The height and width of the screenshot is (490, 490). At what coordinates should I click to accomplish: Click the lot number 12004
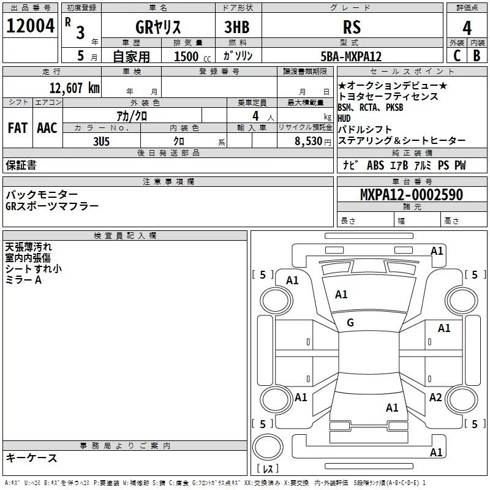pyautogui.click(x=30, y=26)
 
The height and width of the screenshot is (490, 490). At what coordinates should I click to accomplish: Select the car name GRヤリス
pyautogui.click(x=158, y=27)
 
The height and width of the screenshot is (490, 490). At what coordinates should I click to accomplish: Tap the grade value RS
pyautogui.click(x=352, y=27)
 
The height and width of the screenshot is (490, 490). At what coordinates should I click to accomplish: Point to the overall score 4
pyautogui.click(x=467, y=28)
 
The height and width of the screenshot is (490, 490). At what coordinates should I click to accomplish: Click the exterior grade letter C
pyautogui.click(x=457, y=56)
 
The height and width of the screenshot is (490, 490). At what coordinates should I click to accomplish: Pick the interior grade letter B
pyautogui.click(x=477, y=56)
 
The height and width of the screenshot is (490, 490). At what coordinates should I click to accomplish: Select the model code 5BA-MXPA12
pyautogui.click(x=351, y=56)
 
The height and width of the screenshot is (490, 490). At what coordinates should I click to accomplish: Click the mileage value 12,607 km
pyautogui.click(x=74, y=88)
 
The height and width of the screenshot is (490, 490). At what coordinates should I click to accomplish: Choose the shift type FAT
pyautogui.click(x=18, y=128)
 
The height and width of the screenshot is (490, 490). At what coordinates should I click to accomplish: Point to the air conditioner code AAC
pyautogui.click(x=47, y=128)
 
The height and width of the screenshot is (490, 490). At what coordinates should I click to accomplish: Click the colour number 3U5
pyautogui.click(x=101, y=141)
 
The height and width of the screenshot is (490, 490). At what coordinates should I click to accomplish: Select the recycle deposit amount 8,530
pyautogui.click(x=309, y=141)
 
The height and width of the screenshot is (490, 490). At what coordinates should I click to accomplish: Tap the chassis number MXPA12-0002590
pyautogui.click(x=412, y=195)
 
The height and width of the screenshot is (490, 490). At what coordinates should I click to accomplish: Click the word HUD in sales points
pyautogui.click(x=344, y=118)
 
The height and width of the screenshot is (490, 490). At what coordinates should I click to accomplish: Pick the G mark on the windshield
pyautogui.click(x=350, y=323)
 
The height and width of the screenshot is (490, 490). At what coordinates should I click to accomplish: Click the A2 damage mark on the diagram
pyautogui.click(x=435, y=397)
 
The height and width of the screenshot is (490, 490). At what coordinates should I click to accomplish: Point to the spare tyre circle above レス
pyautogui.click(x=268, y=447)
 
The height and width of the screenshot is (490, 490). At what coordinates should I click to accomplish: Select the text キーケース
pyautogui.click(x=31, y=458)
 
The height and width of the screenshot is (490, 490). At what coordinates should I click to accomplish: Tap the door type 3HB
pyautogui.click(x=237, y=27)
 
